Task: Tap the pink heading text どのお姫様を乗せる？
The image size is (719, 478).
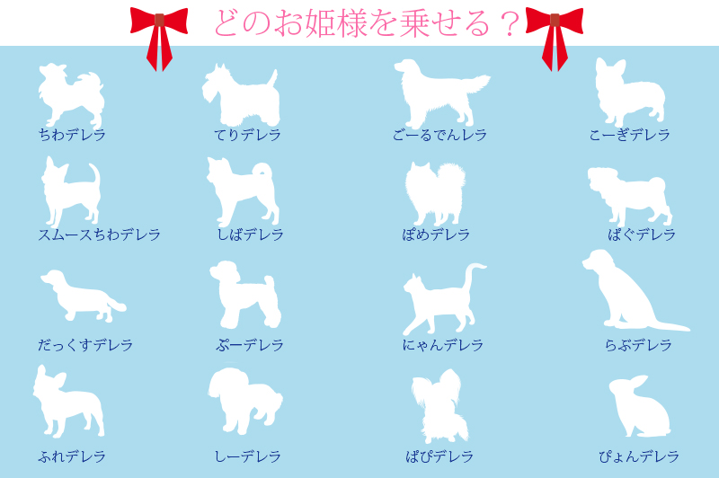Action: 367,23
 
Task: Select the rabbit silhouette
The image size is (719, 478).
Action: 640,406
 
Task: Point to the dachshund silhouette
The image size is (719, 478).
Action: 82,297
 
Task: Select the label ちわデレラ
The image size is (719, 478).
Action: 72,135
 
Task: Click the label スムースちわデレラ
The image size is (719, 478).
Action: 99,235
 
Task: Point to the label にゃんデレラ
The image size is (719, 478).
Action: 442,345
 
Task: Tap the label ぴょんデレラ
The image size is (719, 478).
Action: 638,456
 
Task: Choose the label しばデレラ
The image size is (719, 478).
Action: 250,235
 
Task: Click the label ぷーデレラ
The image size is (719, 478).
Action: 250,345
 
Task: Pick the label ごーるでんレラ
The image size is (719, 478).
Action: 439,135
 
